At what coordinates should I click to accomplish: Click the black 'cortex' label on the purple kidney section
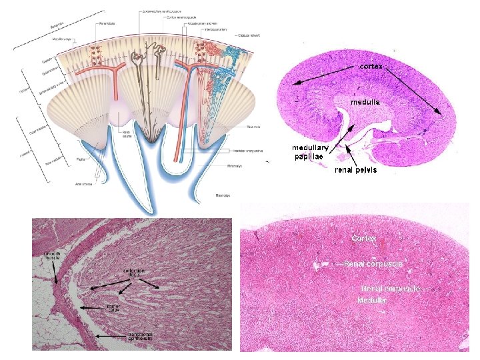point(375,67)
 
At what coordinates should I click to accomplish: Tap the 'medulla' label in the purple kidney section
point(366,102)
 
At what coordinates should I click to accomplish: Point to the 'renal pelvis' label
point(355,169)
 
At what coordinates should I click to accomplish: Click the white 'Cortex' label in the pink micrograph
point(364,238)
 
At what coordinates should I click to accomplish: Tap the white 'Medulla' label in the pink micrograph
point(371,300)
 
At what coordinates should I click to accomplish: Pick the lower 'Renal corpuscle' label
point(391,289)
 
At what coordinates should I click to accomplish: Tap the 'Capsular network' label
point(250,35)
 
